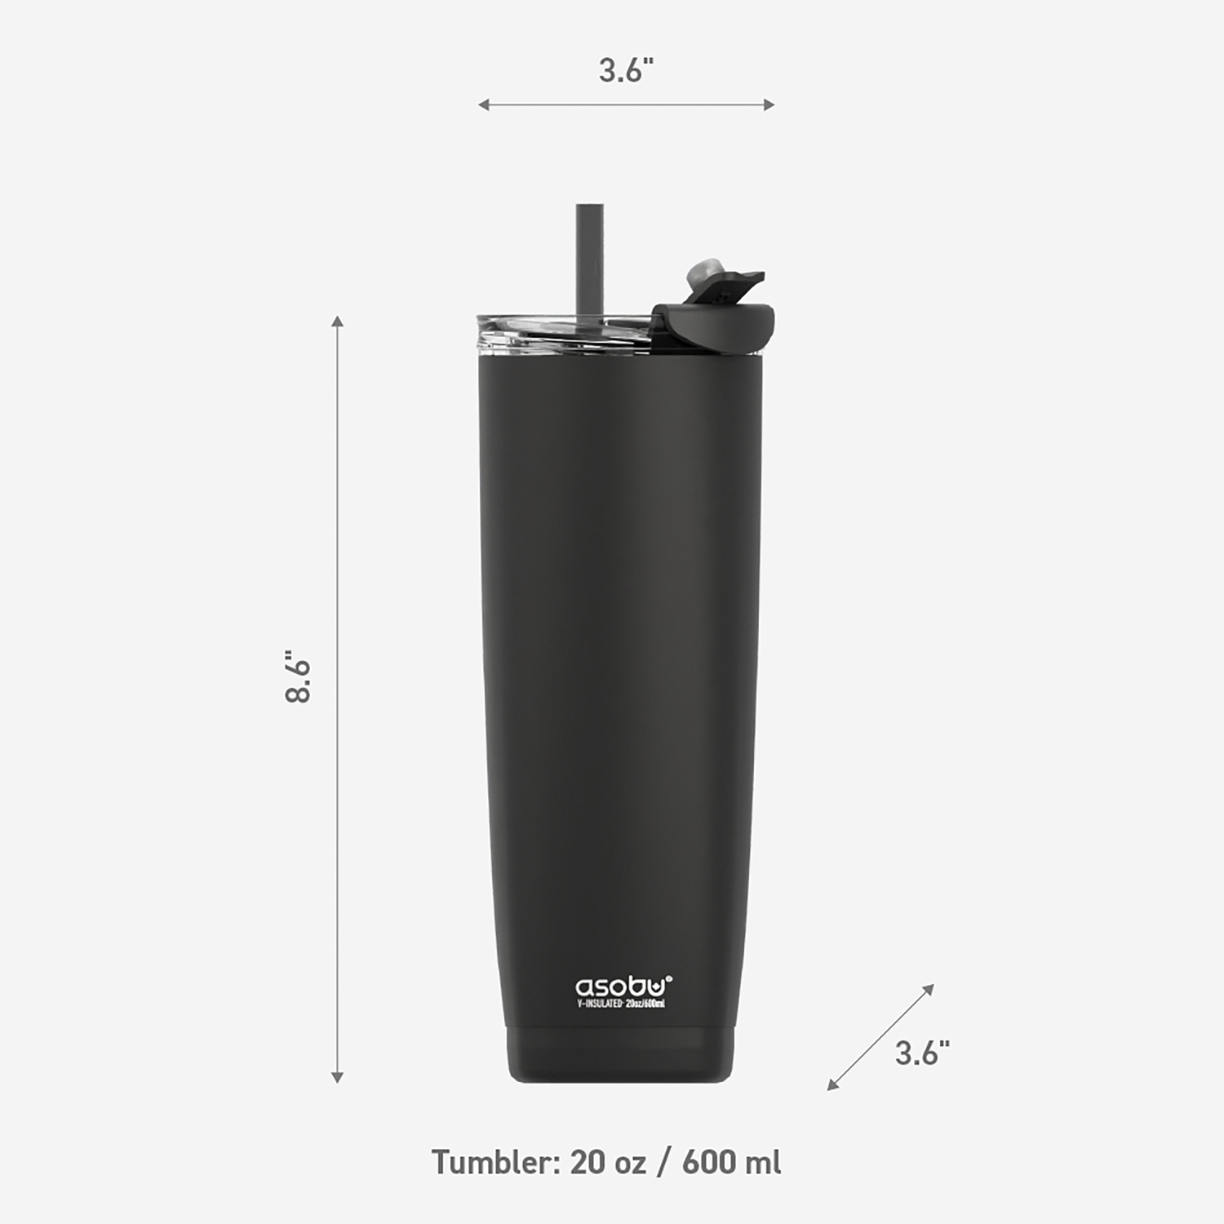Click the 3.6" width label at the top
[x=627, y=70]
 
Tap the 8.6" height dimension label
[x=299, y=676]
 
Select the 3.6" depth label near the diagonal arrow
[x=922, y=1053]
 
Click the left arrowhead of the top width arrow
[x=483, y=104]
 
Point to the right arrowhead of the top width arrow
[x=769, y=104]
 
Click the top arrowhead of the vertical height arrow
[x=338, y=321]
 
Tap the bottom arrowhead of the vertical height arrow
[x=338, y=1078]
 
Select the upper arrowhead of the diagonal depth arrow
[x=929, y=989]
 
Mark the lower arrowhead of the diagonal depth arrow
[x=832, y=1084]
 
